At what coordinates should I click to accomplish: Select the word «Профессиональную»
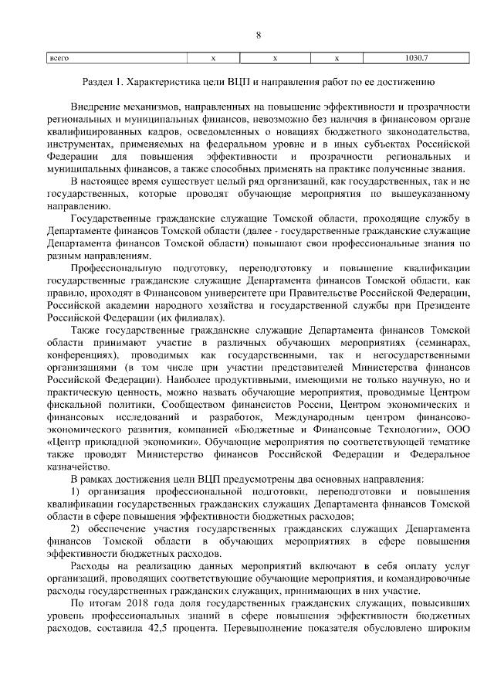tap(110, 267)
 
